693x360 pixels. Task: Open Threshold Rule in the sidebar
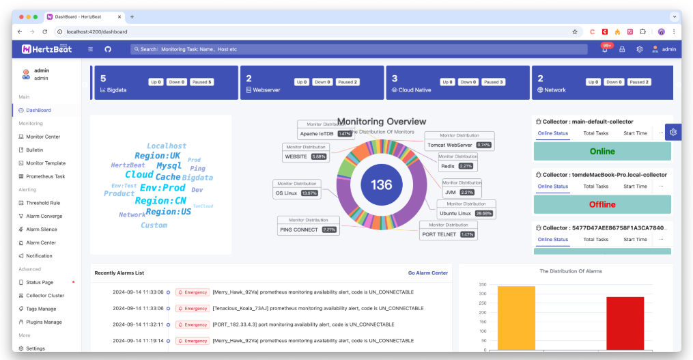pos(42,203)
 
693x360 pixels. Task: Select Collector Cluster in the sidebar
pos(45,296)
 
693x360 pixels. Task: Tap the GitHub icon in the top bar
pos(108,49)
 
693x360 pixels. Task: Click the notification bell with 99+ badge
pos(604,49)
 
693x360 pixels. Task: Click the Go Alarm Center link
pos(428,273)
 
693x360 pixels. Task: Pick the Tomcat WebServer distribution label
pos(459,145)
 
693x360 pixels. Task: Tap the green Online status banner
pos(602,151)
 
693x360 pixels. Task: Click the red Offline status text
pos(602,204)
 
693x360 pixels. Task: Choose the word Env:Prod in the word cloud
pos(162,188)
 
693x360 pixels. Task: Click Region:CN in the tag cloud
pos(160,201)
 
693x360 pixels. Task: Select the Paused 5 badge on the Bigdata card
pos(201,82)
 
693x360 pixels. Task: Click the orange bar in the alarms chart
pos(516,318)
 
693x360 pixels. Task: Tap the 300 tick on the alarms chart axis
pos(482,295)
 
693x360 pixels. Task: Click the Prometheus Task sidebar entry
pos(46,176)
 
